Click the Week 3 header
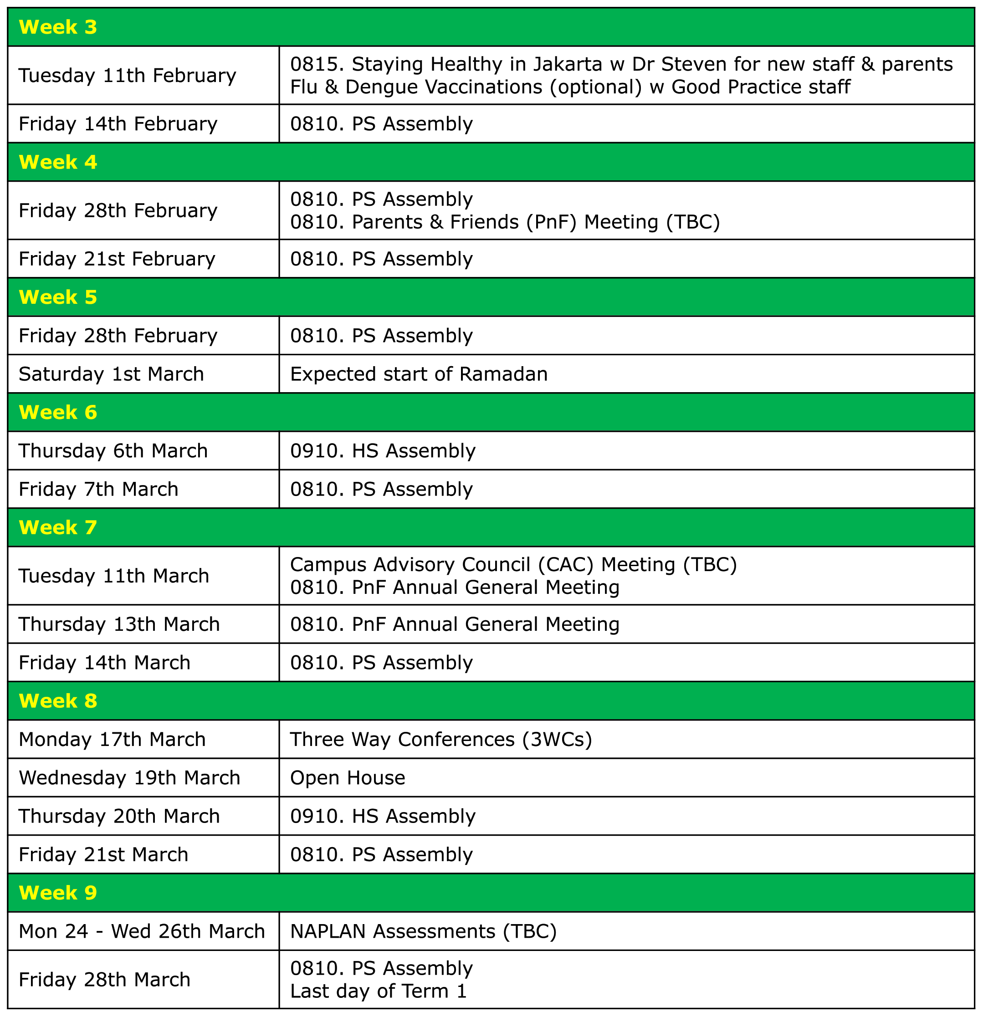tap(57, 27)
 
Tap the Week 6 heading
tap(57, 412)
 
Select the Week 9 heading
tap(57, 893)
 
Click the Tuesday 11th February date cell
tap(127, 76)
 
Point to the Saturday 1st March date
tap(111, 374)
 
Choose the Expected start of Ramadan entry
tap(418, 374)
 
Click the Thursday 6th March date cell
tap(113, 451)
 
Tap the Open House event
tap(347, 778)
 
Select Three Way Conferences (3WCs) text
tap(440, 739)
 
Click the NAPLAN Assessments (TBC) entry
tap(423, 931)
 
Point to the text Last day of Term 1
tap(379, 991)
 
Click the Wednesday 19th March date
tap(129, 778)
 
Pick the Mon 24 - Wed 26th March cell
tap(142, 931)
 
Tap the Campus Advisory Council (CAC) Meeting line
tap(513, 565)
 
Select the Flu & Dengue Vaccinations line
tap(570, 87)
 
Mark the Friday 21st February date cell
tap(117, 259)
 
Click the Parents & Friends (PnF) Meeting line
tap(504, 222)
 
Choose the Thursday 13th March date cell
tap(119, 624)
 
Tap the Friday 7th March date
tap(98, 489)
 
